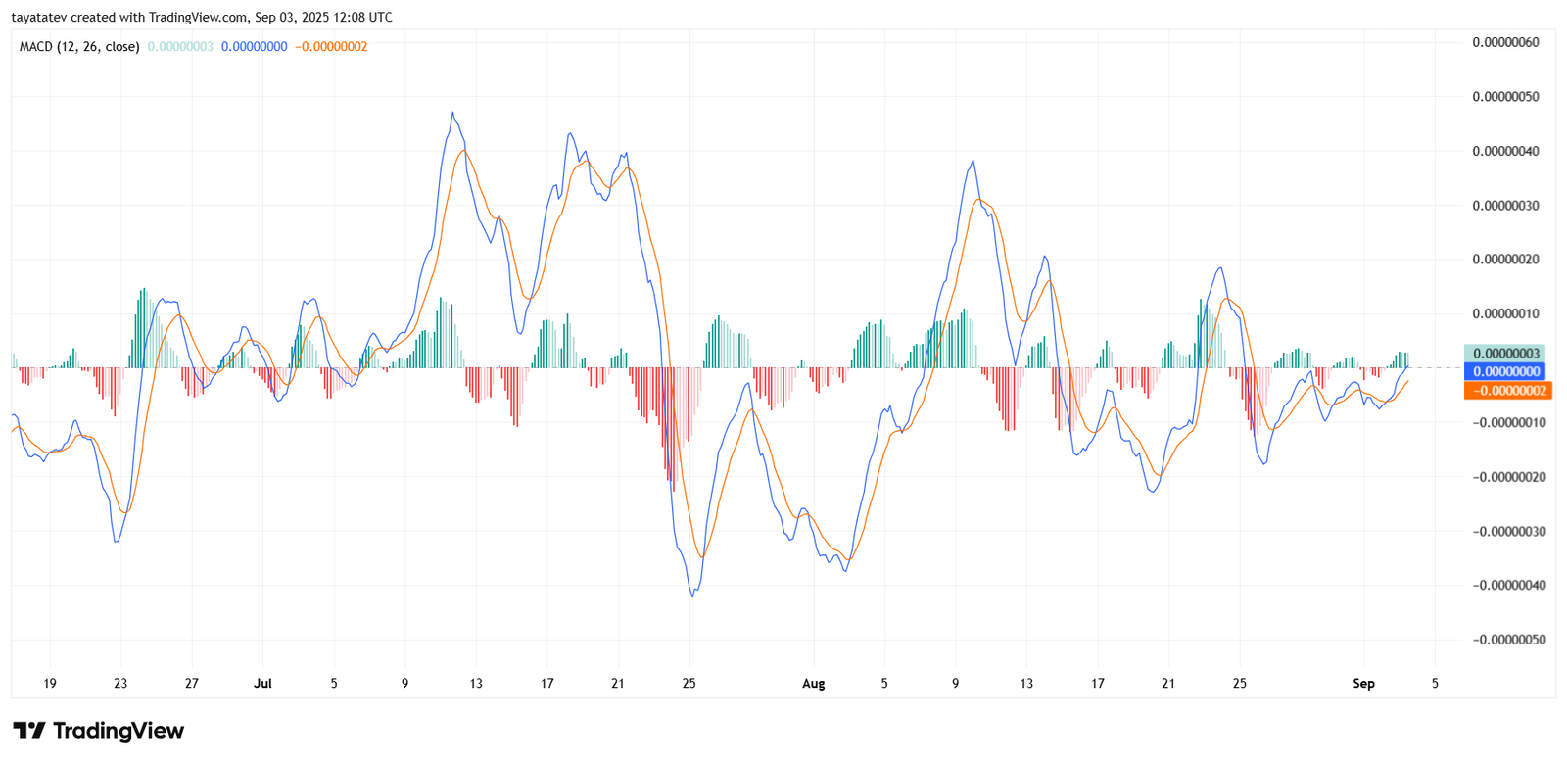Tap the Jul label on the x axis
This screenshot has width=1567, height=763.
point(262,683)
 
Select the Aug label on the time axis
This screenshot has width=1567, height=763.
point(813,683)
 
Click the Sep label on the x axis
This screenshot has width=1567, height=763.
point(1363,683)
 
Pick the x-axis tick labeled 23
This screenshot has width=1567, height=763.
point(120,683)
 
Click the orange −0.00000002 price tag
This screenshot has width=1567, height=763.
point(1508,391)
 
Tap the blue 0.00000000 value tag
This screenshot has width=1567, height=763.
point(1505,371)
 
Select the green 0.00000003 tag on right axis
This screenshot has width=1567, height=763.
point(1505,354)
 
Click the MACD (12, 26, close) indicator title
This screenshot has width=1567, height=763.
point(79,46)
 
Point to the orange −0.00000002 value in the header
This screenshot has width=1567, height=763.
point(331,46)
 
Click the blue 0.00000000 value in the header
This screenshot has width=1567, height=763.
point(254,46)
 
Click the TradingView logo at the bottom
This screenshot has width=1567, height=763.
point(98,731)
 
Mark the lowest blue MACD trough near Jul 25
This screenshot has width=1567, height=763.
point(692,596)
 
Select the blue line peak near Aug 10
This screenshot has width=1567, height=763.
point(973,161)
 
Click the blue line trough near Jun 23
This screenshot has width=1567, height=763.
point(117,542)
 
